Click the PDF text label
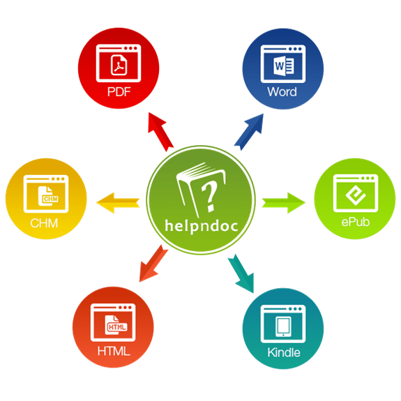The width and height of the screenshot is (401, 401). point(119,92)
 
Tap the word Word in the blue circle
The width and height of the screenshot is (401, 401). point(282,92)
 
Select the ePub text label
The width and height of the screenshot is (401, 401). point(356,222)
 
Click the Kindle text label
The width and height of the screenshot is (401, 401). point(284,352)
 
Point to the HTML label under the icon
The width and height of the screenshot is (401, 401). point(114,351)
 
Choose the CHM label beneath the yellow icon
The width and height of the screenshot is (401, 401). point(44,223)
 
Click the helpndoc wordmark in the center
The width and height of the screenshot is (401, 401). point(202,226)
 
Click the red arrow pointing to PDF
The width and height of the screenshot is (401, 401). point(160,131)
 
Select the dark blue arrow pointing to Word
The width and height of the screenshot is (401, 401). point(249,132)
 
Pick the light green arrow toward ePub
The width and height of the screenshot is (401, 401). point(283,203)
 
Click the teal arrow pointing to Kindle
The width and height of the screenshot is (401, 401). point(241,273)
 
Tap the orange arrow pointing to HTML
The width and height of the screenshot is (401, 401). point(153,264)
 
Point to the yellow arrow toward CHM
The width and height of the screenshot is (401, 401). point(118,203)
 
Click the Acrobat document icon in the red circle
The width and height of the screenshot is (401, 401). point(119,65)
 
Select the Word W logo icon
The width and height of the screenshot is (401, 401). point(283,66)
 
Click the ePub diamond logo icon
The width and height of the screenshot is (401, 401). point(356,195)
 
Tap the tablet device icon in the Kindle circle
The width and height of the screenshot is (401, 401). point(283,326)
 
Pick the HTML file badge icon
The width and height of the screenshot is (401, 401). point(116,325)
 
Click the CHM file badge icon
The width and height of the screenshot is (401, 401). point(48,196)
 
